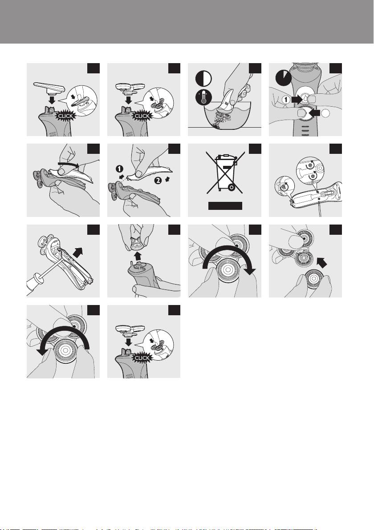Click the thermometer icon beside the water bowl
203,98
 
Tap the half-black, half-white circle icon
203,79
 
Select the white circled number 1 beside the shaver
286,100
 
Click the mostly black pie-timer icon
283,78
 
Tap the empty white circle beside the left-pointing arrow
325,114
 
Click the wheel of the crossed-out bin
231,187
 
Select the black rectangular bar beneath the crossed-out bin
225,206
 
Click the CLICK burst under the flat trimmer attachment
65,116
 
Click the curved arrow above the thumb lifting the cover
69,164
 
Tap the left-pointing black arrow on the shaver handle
314,113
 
